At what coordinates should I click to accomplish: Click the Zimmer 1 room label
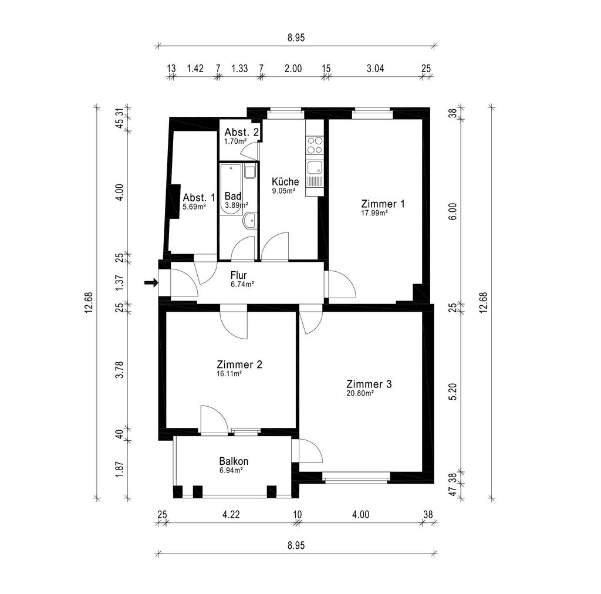[383, 204]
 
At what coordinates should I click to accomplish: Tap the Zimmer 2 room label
[239, 364]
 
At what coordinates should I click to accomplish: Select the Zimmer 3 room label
[369, 384]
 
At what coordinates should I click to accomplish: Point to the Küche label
[285, 181]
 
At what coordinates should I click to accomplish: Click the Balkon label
[234, 461]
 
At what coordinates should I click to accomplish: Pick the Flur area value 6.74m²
[242, 284]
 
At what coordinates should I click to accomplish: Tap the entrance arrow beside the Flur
[151, 283]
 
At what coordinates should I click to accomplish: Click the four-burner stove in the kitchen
[315, 145]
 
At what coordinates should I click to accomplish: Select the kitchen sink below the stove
[315, 167]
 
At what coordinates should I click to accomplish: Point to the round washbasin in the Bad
[249, 220]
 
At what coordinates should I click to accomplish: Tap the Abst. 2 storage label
[241, 132]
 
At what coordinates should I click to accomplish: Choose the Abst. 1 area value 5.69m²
[194, 207]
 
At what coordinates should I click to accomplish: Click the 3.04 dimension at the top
[375, 69]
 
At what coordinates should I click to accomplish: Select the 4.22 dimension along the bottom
[231, 514]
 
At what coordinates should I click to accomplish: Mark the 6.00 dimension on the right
[453, 211]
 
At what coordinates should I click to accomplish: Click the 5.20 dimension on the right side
[453, 392]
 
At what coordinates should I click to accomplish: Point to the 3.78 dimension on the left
[120, 369]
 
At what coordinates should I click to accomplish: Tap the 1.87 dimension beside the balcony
[120, 469]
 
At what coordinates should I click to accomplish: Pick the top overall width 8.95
[296, 38]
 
